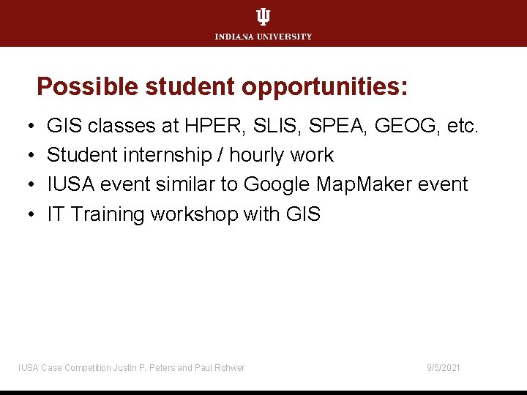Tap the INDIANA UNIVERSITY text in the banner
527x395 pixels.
263,37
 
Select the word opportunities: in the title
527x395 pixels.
324,87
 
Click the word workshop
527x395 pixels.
194,214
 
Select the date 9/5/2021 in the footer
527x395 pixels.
444,367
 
